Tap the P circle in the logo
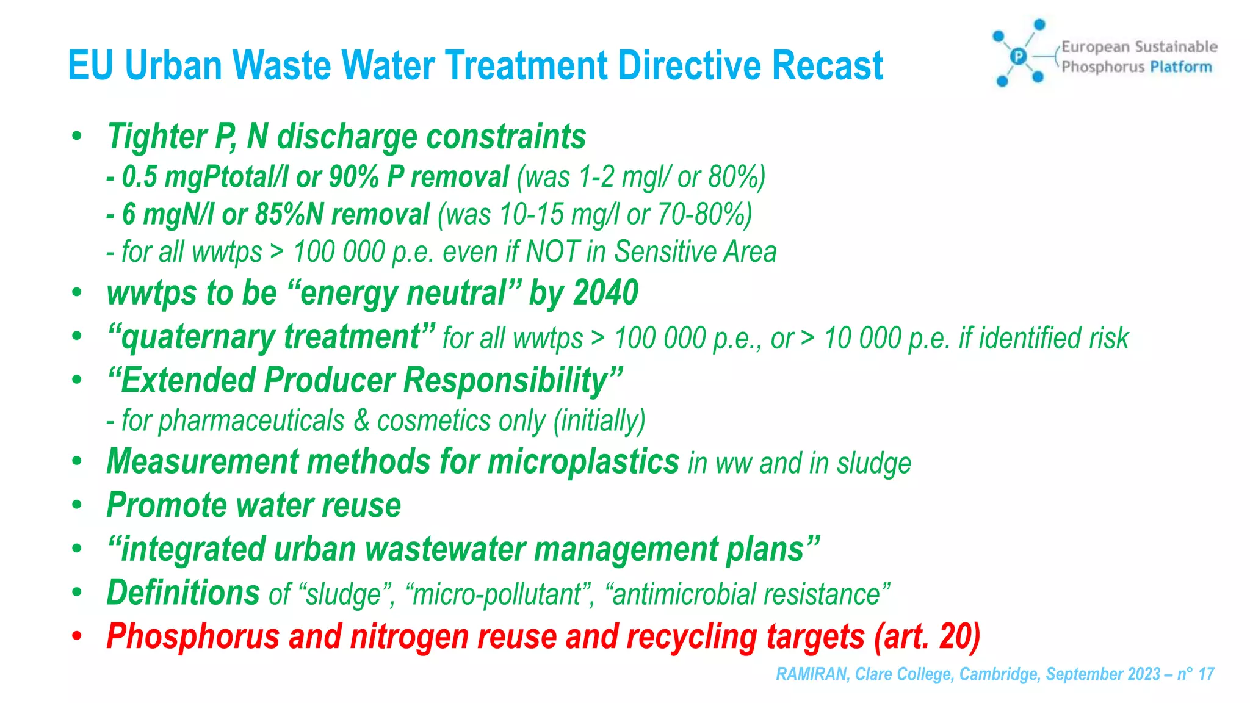point(1018,57)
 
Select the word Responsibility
point(506,381)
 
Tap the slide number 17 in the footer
point(1206,674)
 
